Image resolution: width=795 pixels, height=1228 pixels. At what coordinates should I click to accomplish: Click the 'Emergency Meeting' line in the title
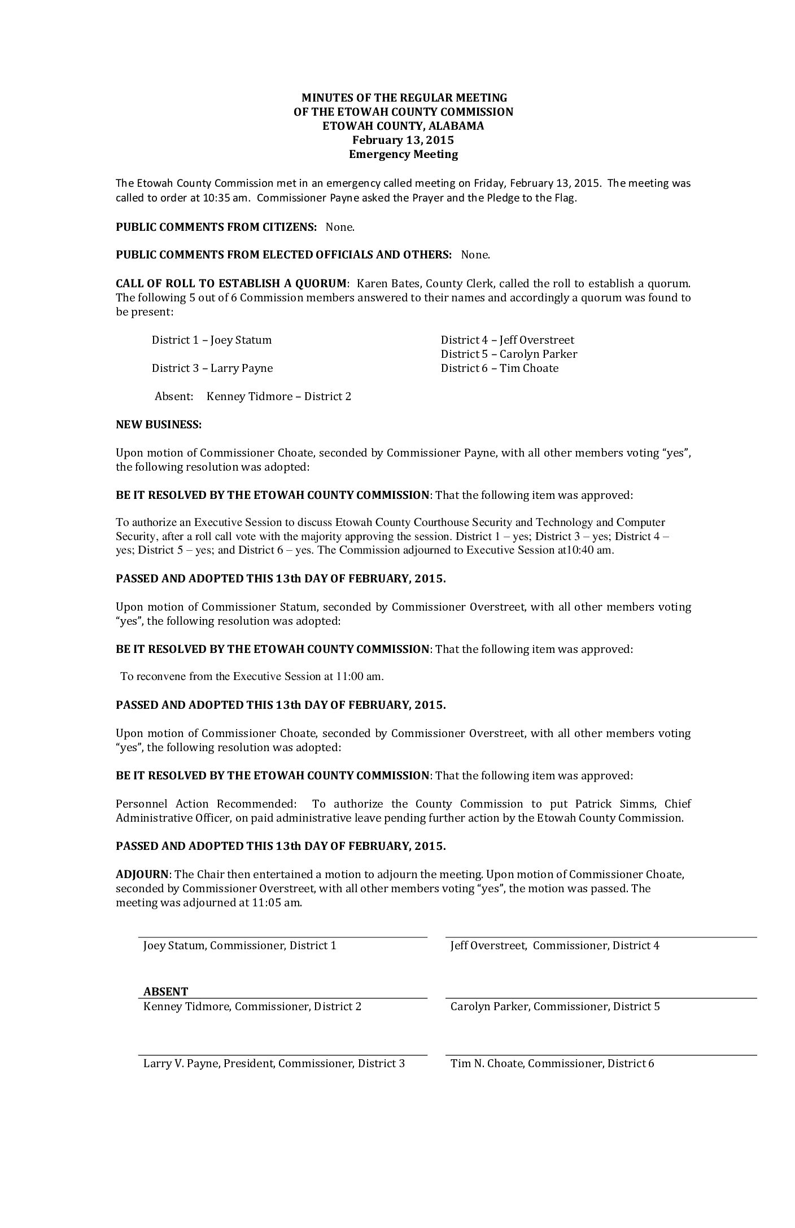click(403, 154)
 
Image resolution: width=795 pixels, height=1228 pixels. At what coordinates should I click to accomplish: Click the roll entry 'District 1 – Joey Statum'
click(212, 340)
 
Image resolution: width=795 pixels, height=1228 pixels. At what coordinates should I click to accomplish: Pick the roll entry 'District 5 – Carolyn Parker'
click(509, 354)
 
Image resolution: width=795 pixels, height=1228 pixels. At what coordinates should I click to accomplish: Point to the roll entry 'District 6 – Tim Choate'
click(499, 368)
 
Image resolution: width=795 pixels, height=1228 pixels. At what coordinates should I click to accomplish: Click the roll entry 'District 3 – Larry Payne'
click(212, 368)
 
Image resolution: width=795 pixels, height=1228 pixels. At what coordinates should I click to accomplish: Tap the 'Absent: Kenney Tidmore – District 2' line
click(253, 396)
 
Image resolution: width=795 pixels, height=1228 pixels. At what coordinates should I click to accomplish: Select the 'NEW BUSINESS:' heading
click(159, 424)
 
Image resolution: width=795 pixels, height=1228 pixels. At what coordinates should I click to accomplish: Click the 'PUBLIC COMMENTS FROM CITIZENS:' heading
click(216, 227)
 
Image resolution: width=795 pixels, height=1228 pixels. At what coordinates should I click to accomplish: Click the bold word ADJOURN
click(142, 874)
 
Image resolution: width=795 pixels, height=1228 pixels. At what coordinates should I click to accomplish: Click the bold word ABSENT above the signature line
click(165, 991)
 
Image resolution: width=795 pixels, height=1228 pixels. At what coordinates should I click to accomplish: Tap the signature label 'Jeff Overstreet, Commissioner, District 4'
click(554, 945)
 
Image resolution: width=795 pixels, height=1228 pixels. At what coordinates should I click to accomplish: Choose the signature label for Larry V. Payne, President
click(274, 1063)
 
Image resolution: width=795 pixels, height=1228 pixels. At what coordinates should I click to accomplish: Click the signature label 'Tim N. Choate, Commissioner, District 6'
click(552, 1063)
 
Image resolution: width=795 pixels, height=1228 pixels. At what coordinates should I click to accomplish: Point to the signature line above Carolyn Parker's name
click(601, 998)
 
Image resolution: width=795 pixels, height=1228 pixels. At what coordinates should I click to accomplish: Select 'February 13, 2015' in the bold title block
click(403, 140)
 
